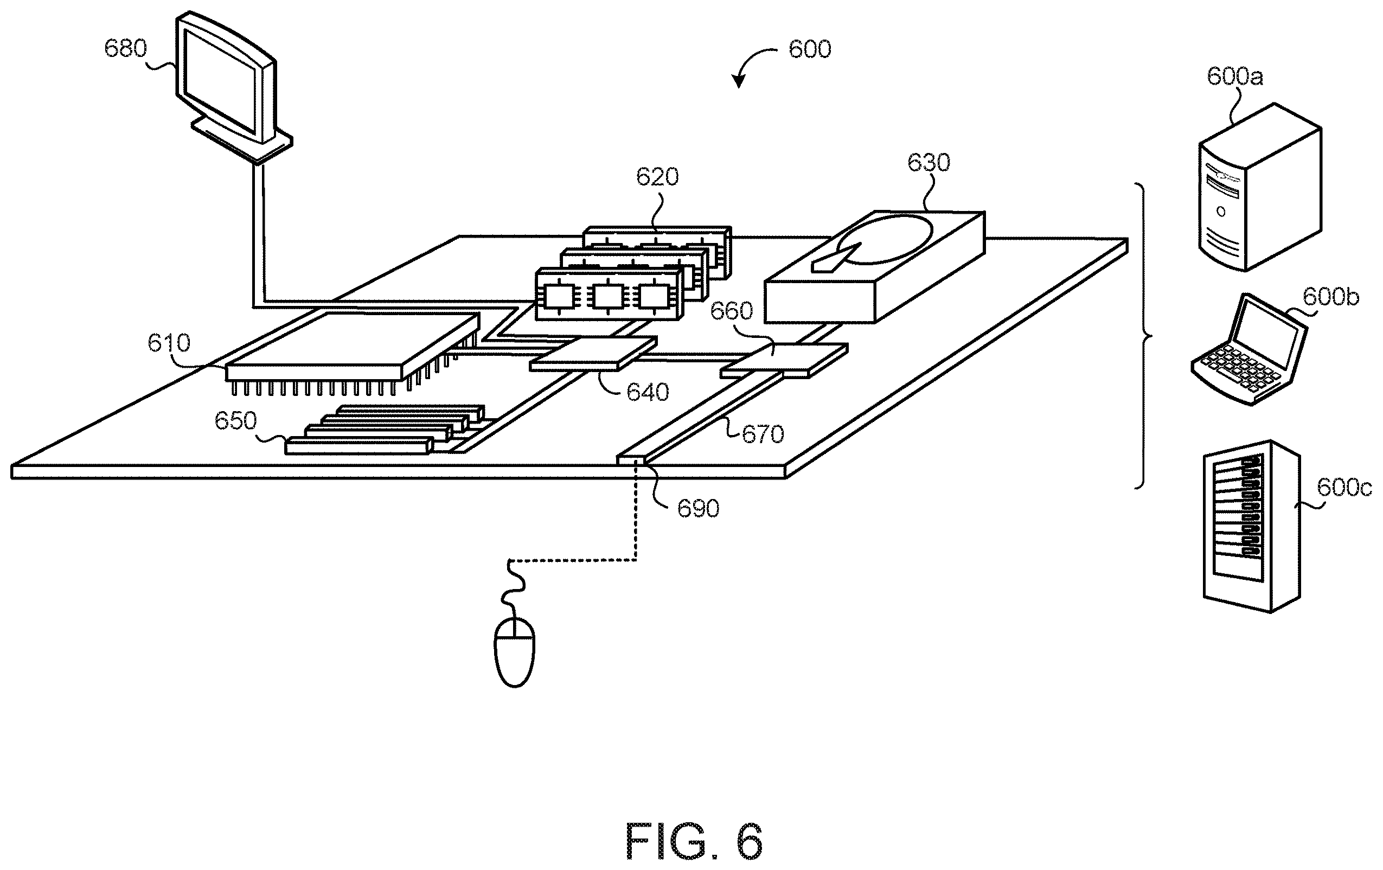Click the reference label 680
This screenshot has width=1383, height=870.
(125, 48)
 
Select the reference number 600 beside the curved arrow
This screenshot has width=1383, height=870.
(810, 49)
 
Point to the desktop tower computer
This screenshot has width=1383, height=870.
(1260, 187)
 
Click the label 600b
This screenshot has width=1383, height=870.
(1331, 297)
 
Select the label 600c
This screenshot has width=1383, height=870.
(1344, 488)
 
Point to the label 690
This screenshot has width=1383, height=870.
(698, 509)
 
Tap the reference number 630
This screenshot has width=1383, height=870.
(929, 163)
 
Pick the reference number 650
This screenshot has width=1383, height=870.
(235, 421)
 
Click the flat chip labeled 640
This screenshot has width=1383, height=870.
(593, 354)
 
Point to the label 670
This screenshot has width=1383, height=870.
(763, 434)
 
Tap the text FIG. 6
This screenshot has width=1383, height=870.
(694, 841)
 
